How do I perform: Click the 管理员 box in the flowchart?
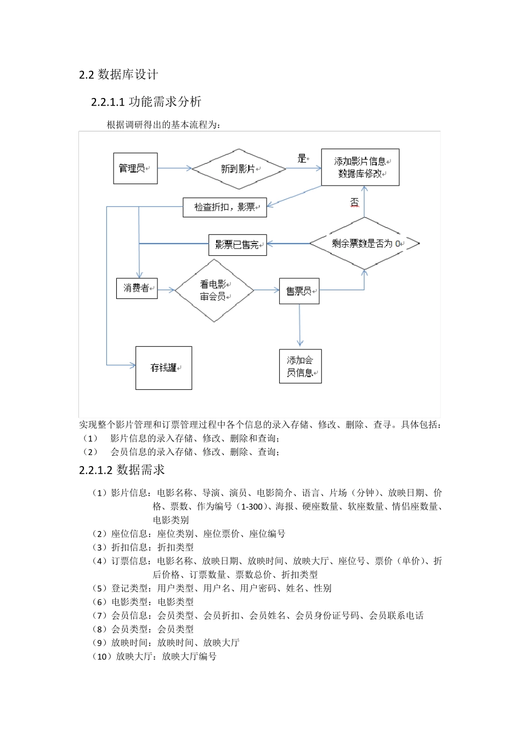(135, 168)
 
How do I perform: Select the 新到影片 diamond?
(239, 169)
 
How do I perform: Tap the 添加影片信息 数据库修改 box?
(360, 168)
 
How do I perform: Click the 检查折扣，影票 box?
(225, 207)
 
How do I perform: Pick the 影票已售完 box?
(237, 245)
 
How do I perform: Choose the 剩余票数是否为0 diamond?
(365, 244)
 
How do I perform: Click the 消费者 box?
(137, 288)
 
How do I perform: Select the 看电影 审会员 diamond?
(213, 290)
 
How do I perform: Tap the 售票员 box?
(299, 291)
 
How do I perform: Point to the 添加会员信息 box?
(300, 366)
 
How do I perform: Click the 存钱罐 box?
(163, 368)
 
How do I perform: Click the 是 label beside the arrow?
(302, 158)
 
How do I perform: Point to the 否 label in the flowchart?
(354, 202)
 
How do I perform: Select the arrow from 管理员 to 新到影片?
(174, 168)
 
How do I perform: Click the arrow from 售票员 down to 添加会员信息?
(299, 326)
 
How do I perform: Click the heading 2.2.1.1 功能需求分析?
(146, 101)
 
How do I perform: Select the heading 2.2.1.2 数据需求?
(122, 470)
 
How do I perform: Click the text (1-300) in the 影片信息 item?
(252, 507)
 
